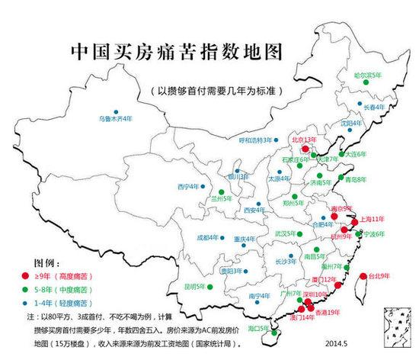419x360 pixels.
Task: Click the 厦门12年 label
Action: (325, 280)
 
